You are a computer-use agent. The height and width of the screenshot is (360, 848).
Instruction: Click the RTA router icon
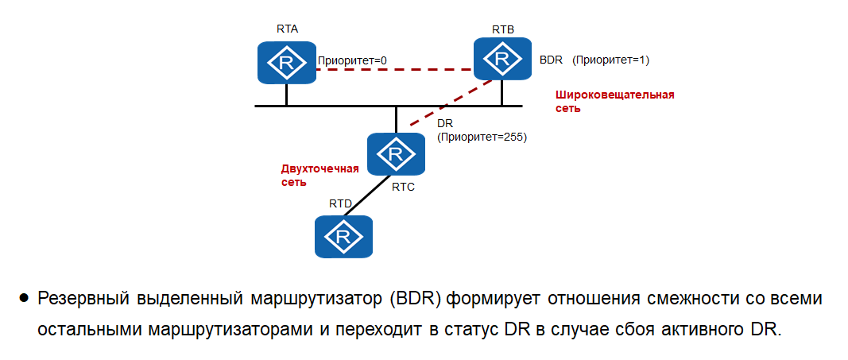286,63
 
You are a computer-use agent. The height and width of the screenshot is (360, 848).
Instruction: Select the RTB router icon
502,59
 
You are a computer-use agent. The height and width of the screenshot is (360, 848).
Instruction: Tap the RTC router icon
395,153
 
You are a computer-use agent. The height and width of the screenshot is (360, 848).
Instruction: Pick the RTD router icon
344,236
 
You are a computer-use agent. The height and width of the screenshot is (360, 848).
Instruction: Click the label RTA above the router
287,28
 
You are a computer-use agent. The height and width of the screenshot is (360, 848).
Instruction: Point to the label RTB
502,29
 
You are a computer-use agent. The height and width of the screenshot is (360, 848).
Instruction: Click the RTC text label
404,187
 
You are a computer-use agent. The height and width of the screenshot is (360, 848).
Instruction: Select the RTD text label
340,204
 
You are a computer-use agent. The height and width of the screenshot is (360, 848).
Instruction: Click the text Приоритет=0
352,60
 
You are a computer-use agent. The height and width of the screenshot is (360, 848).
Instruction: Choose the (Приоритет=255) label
482,137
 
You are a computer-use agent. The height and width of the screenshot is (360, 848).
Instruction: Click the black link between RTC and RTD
371,194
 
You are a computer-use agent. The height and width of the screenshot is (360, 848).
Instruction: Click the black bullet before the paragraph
24,299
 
